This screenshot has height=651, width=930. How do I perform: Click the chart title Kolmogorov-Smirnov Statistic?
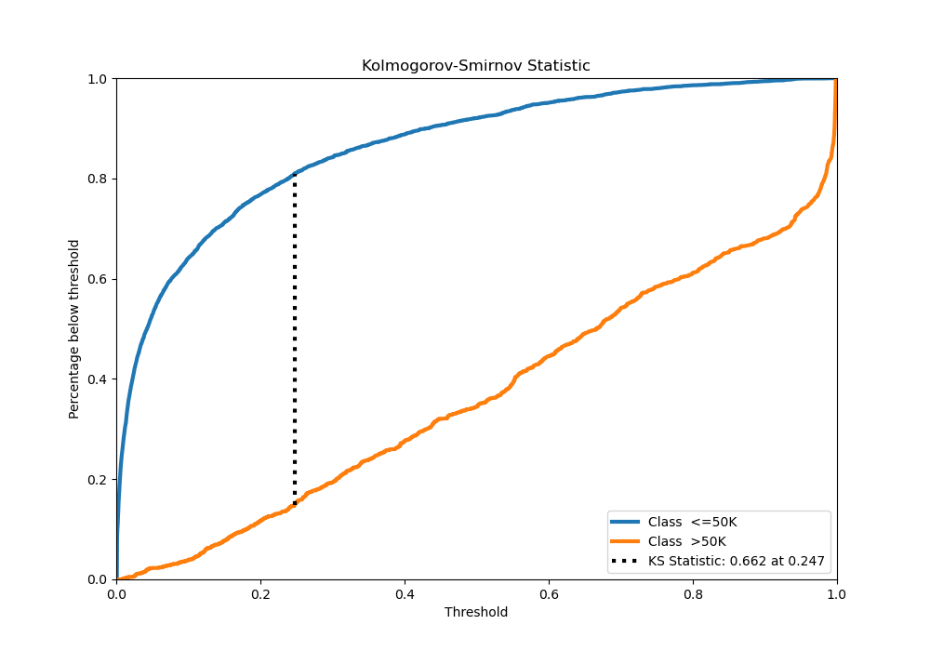tap(475, 66)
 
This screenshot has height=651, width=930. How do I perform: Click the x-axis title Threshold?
tap(475, 612)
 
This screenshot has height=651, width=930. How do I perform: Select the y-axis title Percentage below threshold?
tap(74, 328)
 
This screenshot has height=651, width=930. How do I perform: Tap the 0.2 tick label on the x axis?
tap(260, 592)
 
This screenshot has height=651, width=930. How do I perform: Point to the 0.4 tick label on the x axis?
tap(405, 592)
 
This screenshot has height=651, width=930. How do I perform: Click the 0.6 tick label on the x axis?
tap(549, 592)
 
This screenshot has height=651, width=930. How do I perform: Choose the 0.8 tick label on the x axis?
tap(693, 592)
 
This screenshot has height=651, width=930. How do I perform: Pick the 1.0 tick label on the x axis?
tap(836, 592)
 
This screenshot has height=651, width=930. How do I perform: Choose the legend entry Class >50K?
tap(687, 541)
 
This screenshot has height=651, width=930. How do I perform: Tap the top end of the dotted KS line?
tap(295, 174)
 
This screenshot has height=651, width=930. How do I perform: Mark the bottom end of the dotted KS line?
tap(295, 505)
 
